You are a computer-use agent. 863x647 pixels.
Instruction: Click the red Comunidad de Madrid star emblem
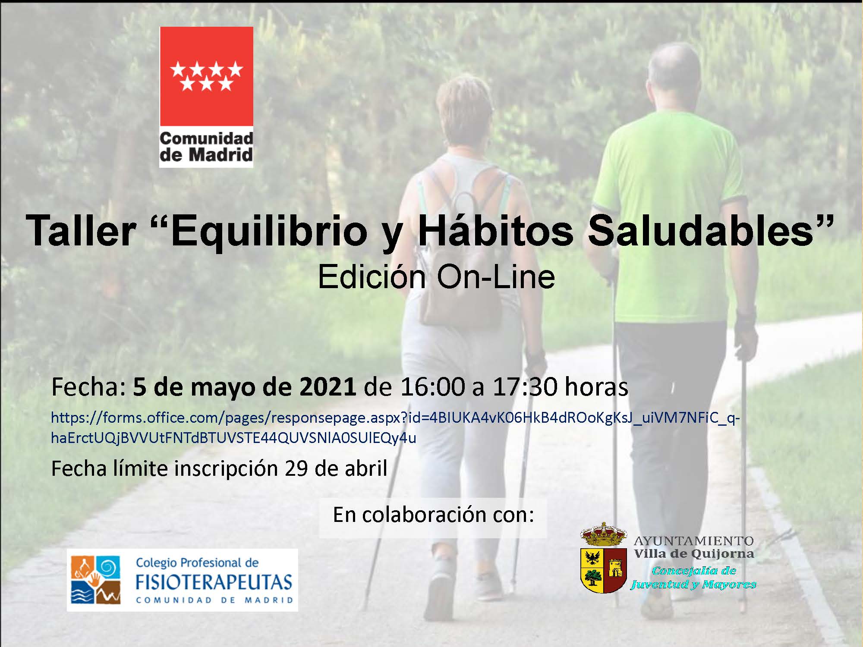point(206,76)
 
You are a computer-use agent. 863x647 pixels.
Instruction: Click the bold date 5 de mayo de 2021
point(244,387)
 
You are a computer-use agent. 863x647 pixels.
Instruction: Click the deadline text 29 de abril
point(336,468)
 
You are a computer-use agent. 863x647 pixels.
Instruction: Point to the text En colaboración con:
point(433,515)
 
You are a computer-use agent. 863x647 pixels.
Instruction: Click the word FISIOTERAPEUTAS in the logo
point(214,582)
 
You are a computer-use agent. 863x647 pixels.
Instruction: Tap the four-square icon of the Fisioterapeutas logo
point(96,580)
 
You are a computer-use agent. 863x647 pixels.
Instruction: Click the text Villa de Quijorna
point(694,554)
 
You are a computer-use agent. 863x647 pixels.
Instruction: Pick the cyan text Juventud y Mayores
point(693,584)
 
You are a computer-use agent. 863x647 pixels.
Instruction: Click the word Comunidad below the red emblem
point(206,139)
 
